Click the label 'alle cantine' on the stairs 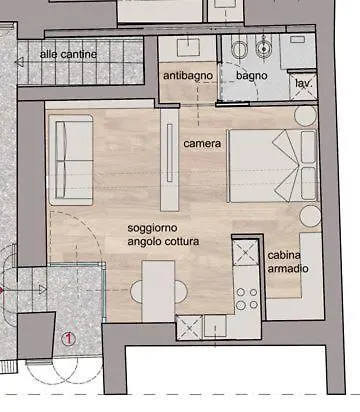68,54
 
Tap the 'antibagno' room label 188,76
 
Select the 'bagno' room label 252,76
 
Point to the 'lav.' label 303,83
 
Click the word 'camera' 202,144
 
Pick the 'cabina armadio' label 288,262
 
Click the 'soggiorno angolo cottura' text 163,235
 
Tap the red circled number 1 68,339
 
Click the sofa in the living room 71,160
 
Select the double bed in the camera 272,166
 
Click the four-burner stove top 247,298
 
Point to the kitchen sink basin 215,325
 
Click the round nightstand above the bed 305,115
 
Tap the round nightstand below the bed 310,216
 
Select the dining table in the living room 158,291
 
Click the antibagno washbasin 188,47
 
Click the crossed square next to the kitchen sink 189,327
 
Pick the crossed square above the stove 246,252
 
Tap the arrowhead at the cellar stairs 19,62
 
